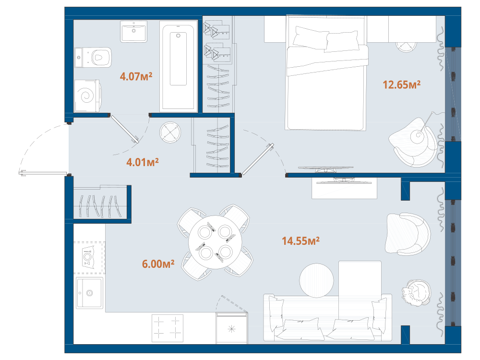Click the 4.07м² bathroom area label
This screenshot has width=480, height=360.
point(136,76)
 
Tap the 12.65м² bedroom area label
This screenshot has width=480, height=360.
point(401,84)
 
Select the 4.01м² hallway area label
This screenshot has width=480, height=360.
point(143,162)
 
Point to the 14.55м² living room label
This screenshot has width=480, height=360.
point(300,241)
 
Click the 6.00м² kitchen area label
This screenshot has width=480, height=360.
point(158,264)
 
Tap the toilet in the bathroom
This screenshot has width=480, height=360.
point(93,57)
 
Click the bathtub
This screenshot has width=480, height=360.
point(178,67)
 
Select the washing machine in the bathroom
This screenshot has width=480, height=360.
point(87,96)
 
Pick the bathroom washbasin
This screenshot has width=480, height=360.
point(133,31)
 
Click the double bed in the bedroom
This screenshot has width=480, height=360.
point(326,73)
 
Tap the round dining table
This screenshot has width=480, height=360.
point(215,242)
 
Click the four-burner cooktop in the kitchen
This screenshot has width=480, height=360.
point(168,328)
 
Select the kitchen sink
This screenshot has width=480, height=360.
point(89,293)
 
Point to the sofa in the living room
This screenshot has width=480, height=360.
point(327,317)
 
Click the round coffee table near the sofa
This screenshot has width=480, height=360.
point(316,280)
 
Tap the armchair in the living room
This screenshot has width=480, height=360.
point(408,234)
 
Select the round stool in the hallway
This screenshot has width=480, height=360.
point(170,132)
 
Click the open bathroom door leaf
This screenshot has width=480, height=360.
point(125,129)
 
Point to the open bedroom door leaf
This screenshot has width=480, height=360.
point(257,160)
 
